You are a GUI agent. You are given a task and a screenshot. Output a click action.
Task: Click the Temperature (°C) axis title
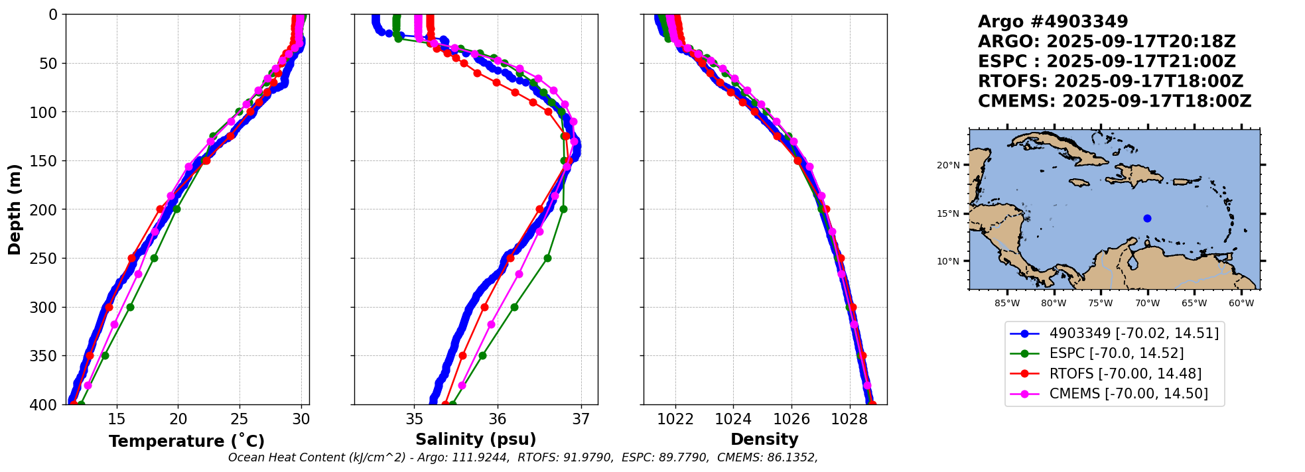tap(186, 441)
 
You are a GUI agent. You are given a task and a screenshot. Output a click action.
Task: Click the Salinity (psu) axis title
tap(476, 440)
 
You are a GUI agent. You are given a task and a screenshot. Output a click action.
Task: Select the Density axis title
tap(764, 440)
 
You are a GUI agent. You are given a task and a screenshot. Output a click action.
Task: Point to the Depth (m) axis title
tap(15, 209)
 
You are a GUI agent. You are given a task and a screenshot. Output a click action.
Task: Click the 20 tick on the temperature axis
tap(178, 419)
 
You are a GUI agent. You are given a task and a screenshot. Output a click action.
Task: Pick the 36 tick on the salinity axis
tap(498, 419)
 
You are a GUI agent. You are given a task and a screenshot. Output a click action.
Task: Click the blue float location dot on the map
tap(1147, 218)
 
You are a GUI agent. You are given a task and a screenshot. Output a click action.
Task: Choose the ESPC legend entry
tap(1116, 353)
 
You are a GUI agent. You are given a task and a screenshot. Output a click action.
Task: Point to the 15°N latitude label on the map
tap(948, 213)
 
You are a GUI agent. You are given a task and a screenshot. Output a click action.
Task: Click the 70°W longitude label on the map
tap(1147, 304)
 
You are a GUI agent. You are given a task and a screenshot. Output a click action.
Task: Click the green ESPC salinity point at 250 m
tap(547, 258)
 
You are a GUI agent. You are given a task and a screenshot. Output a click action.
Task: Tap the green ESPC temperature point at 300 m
tap(130, 307)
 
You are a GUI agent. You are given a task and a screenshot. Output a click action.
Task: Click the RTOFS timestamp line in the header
tap(1110, 82)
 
